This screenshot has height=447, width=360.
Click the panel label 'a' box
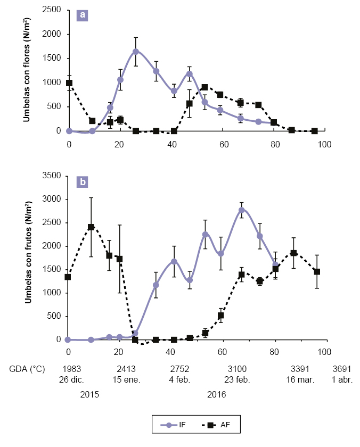click(83, 15)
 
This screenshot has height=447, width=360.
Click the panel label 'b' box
click(83, 183)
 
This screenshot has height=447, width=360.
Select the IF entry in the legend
click(179, 425)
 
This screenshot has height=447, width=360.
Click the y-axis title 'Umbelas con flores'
click(26, 72)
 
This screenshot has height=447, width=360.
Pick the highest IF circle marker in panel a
click(136, 52)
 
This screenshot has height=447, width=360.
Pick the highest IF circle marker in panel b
click(241, 210)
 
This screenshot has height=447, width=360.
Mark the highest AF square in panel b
click(91, 227)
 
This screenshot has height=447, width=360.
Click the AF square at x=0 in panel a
click(69, 83)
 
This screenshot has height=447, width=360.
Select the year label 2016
click(217, 394)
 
